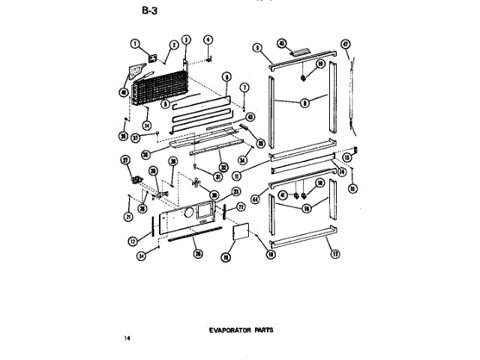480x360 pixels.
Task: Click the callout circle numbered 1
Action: tap(136, 44)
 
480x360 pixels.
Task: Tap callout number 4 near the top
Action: tap(209, 39)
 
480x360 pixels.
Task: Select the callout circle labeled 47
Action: tap(346, 43)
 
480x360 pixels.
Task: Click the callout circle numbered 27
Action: tap(126, 160)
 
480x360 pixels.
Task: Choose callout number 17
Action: tap(335, 253)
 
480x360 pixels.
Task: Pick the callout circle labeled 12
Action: tap(132, 241)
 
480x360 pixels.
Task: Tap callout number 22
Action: tap(241, 207)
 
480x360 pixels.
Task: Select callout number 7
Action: tap(244, 88)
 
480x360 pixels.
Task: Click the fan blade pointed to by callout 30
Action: tap(197, 183)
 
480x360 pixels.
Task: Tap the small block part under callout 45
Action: tap(298, 53)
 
